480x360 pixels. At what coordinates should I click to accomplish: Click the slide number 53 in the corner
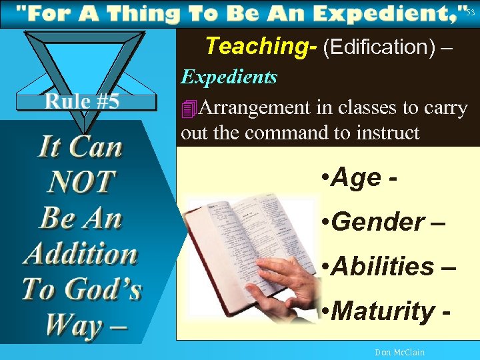pos(470,13)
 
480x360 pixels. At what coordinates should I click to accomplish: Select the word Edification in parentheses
pos(379,47)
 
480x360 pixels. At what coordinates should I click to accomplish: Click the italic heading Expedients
pos(229,77)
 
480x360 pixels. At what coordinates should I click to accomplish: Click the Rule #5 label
pos(82,102)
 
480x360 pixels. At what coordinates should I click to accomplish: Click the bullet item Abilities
pos(383,266)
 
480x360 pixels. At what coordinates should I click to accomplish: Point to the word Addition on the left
pos(81,254)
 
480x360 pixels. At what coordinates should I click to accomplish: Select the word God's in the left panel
pos(107,290)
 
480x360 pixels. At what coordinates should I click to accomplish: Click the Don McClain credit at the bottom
pos(399,352)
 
